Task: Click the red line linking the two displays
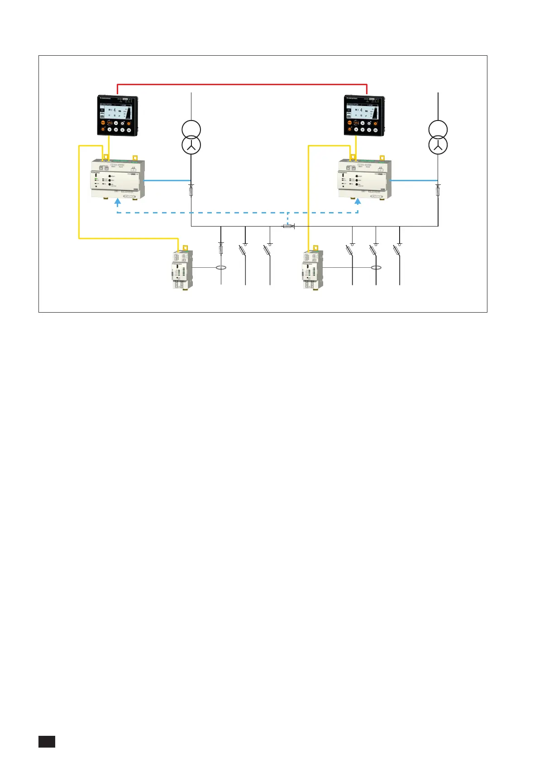click(242, 84)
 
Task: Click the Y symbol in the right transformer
click(438, 145)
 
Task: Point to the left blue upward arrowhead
click(117, 204)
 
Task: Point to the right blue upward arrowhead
click(358, 204)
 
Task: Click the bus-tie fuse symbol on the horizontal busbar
click(287, 226)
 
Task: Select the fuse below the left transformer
click(191, 192)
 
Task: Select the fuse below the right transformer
click(438, 192)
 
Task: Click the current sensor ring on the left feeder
click(221, 267)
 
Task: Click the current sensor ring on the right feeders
click(376, 267)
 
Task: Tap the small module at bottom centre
click(312, 269)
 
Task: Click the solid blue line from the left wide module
click(167, 180)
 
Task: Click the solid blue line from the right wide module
click(414, 180)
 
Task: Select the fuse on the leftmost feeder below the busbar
click(221, 249)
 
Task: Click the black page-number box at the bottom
click(47, 741)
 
